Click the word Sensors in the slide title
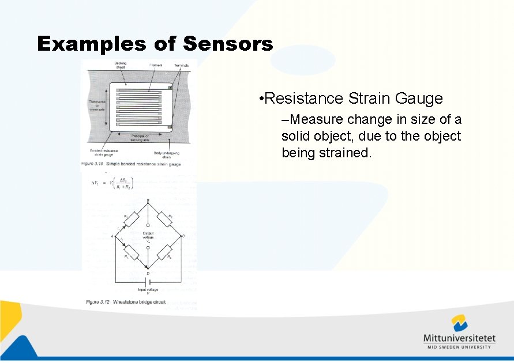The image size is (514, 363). click(228, 44)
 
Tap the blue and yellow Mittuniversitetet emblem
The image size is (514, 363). click(459, 322)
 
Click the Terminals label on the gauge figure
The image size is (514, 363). click(181, 66)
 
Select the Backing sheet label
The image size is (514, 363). click(120, 65)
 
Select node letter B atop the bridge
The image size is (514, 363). click(148, 201)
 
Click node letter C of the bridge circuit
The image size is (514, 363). click(183, 236)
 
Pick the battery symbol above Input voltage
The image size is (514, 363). click(148, 282)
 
